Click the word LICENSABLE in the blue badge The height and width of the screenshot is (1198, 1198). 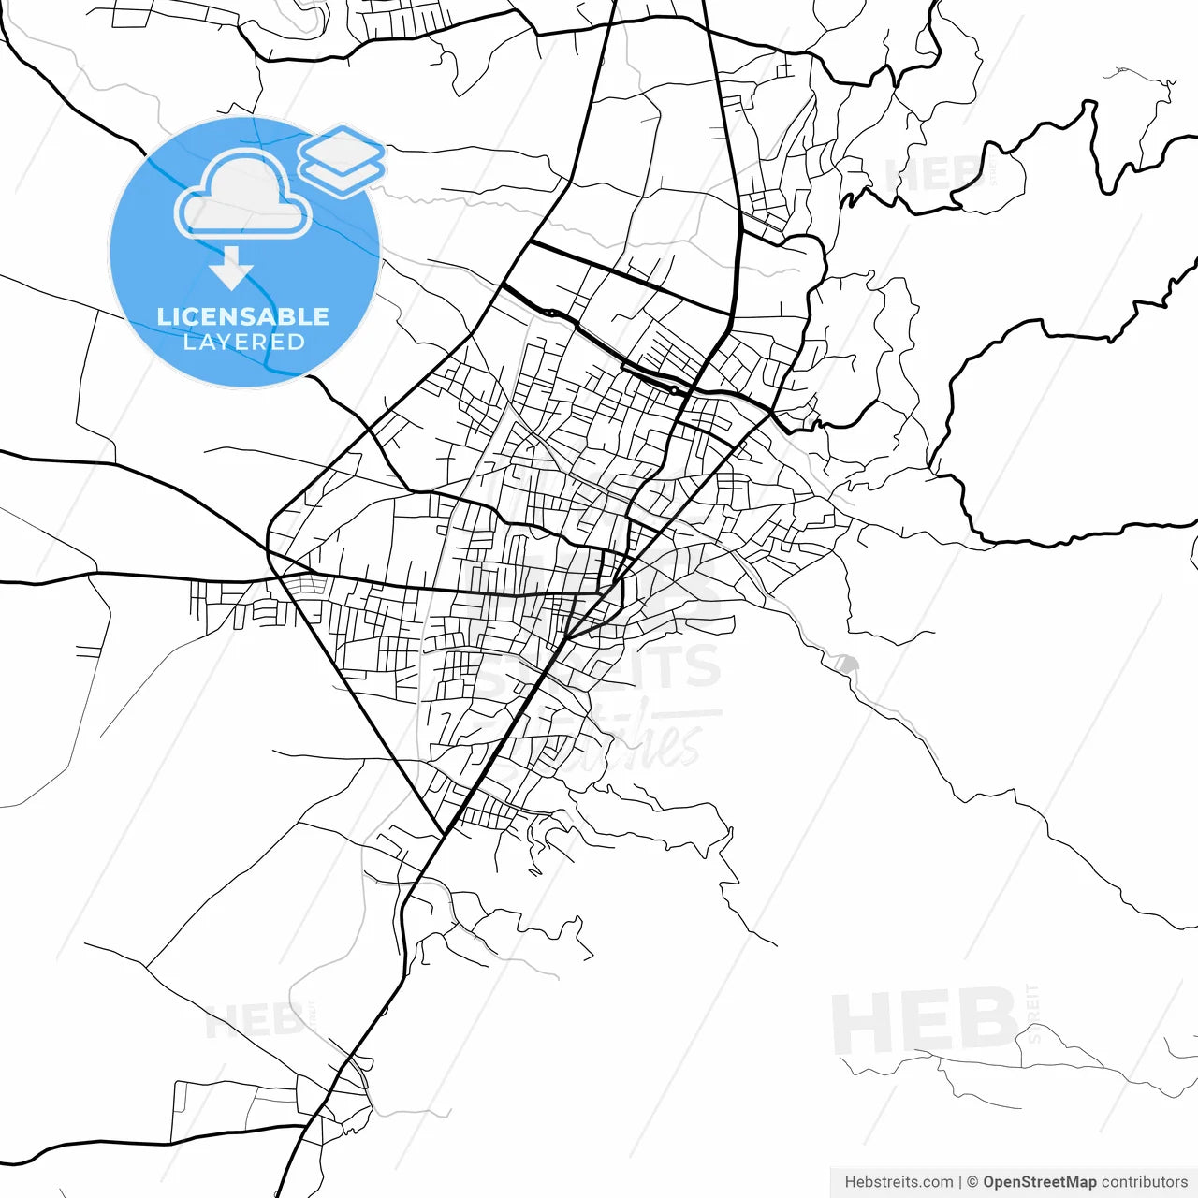pos(243,316)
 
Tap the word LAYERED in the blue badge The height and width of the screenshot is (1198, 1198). pos(243,343)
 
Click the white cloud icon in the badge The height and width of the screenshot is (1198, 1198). pos(243,195)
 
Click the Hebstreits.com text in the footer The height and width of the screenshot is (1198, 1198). pos(898,1182)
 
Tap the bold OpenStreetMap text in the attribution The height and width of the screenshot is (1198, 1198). pos(1039,1182)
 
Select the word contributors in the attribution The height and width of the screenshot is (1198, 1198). pos(1144,1182)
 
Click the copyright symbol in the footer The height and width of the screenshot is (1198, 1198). pos(972,1182)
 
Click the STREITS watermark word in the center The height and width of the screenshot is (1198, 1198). pos(599,666)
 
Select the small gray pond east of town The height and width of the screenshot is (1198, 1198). pos(847,664)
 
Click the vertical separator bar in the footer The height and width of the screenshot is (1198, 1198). pos(960,1182)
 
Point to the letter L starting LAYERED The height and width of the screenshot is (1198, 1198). pos(188,343)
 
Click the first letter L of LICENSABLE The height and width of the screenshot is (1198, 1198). pos(162,316)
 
